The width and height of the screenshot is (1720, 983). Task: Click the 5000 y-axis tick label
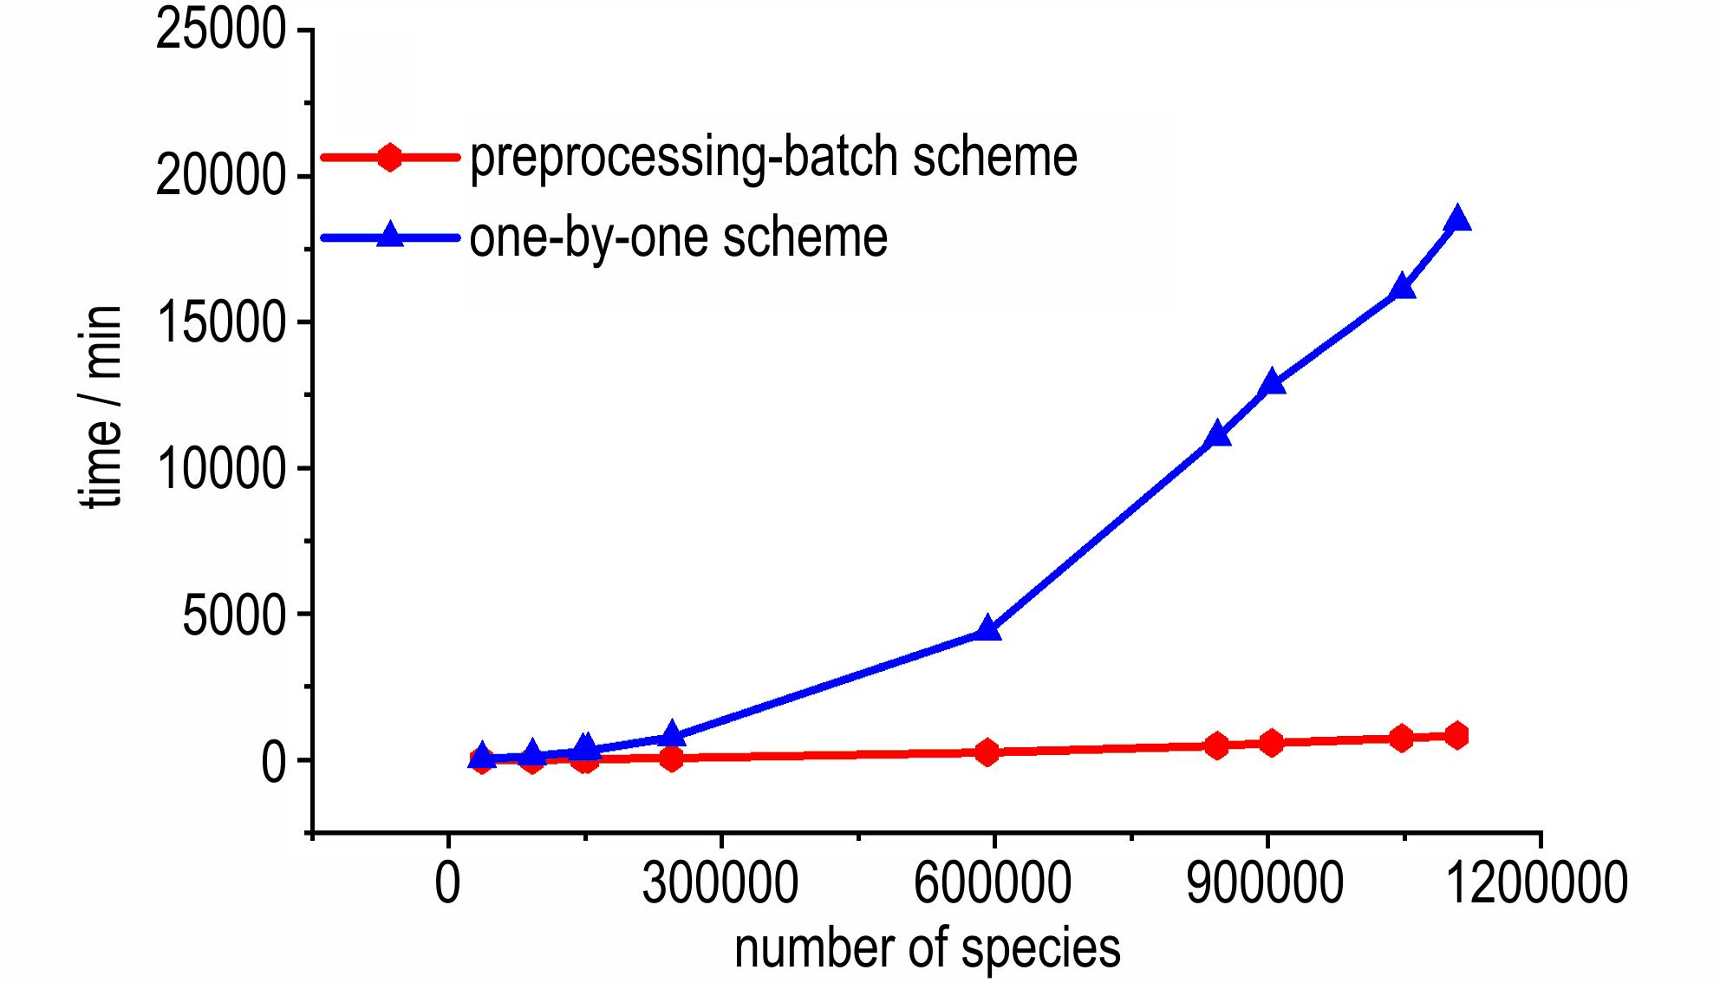coord(233,615)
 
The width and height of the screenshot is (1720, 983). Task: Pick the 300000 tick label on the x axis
coord(720,883)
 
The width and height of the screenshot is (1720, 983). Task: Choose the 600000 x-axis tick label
coord(993,883)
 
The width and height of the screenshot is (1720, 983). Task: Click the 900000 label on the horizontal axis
coord(1266,883)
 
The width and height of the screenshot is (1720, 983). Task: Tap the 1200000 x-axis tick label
coord(1537,883)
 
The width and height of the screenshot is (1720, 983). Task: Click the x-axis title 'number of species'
coord(927,947)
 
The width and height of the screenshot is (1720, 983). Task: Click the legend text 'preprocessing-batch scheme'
coord(773,157)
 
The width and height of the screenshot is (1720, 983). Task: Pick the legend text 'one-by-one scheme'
coord(678,237)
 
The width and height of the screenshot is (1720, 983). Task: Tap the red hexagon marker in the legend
coord(390,158)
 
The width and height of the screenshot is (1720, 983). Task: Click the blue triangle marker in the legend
coord(390,236)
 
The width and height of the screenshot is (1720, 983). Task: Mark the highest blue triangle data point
coord(1457,218)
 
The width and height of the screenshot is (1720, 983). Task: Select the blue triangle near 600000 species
coord(987,628)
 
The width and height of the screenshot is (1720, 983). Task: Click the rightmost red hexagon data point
coord(1457,735)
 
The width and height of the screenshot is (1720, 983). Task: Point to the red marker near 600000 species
coord(987,752)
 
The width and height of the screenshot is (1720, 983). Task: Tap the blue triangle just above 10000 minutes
coord(1218,433)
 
